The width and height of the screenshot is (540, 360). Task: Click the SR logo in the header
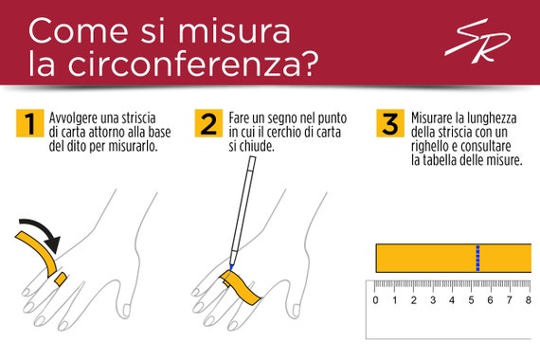click(477, 41)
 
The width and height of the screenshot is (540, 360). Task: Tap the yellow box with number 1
click(30, 123)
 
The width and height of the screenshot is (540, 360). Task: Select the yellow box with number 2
click(208, 123)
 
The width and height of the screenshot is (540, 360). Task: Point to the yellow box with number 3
click(390, 123)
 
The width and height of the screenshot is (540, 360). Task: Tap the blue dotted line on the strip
click(477, 258)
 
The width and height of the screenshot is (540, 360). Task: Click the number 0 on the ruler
click(375, 300)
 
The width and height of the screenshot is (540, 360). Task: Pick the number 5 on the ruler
click(471, 300)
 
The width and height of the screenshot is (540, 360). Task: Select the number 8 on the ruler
click(529, 300)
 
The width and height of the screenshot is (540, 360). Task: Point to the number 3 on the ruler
click(433, 300)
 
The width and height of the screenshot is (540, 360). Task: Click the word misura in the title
click(234, 31)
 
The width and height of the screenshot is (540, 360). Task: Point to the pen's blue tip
click(231, 267)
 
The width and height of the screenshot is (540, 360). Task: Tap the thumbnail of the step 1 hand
click(126, 310)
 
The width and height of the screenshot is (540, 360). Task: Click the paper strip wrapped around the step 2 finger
click(241, 288)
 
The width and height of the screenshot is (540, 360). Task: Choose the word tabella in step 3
click(439, 160)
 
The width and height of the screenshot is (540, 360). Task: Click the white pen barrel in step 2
click(243, 208)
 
